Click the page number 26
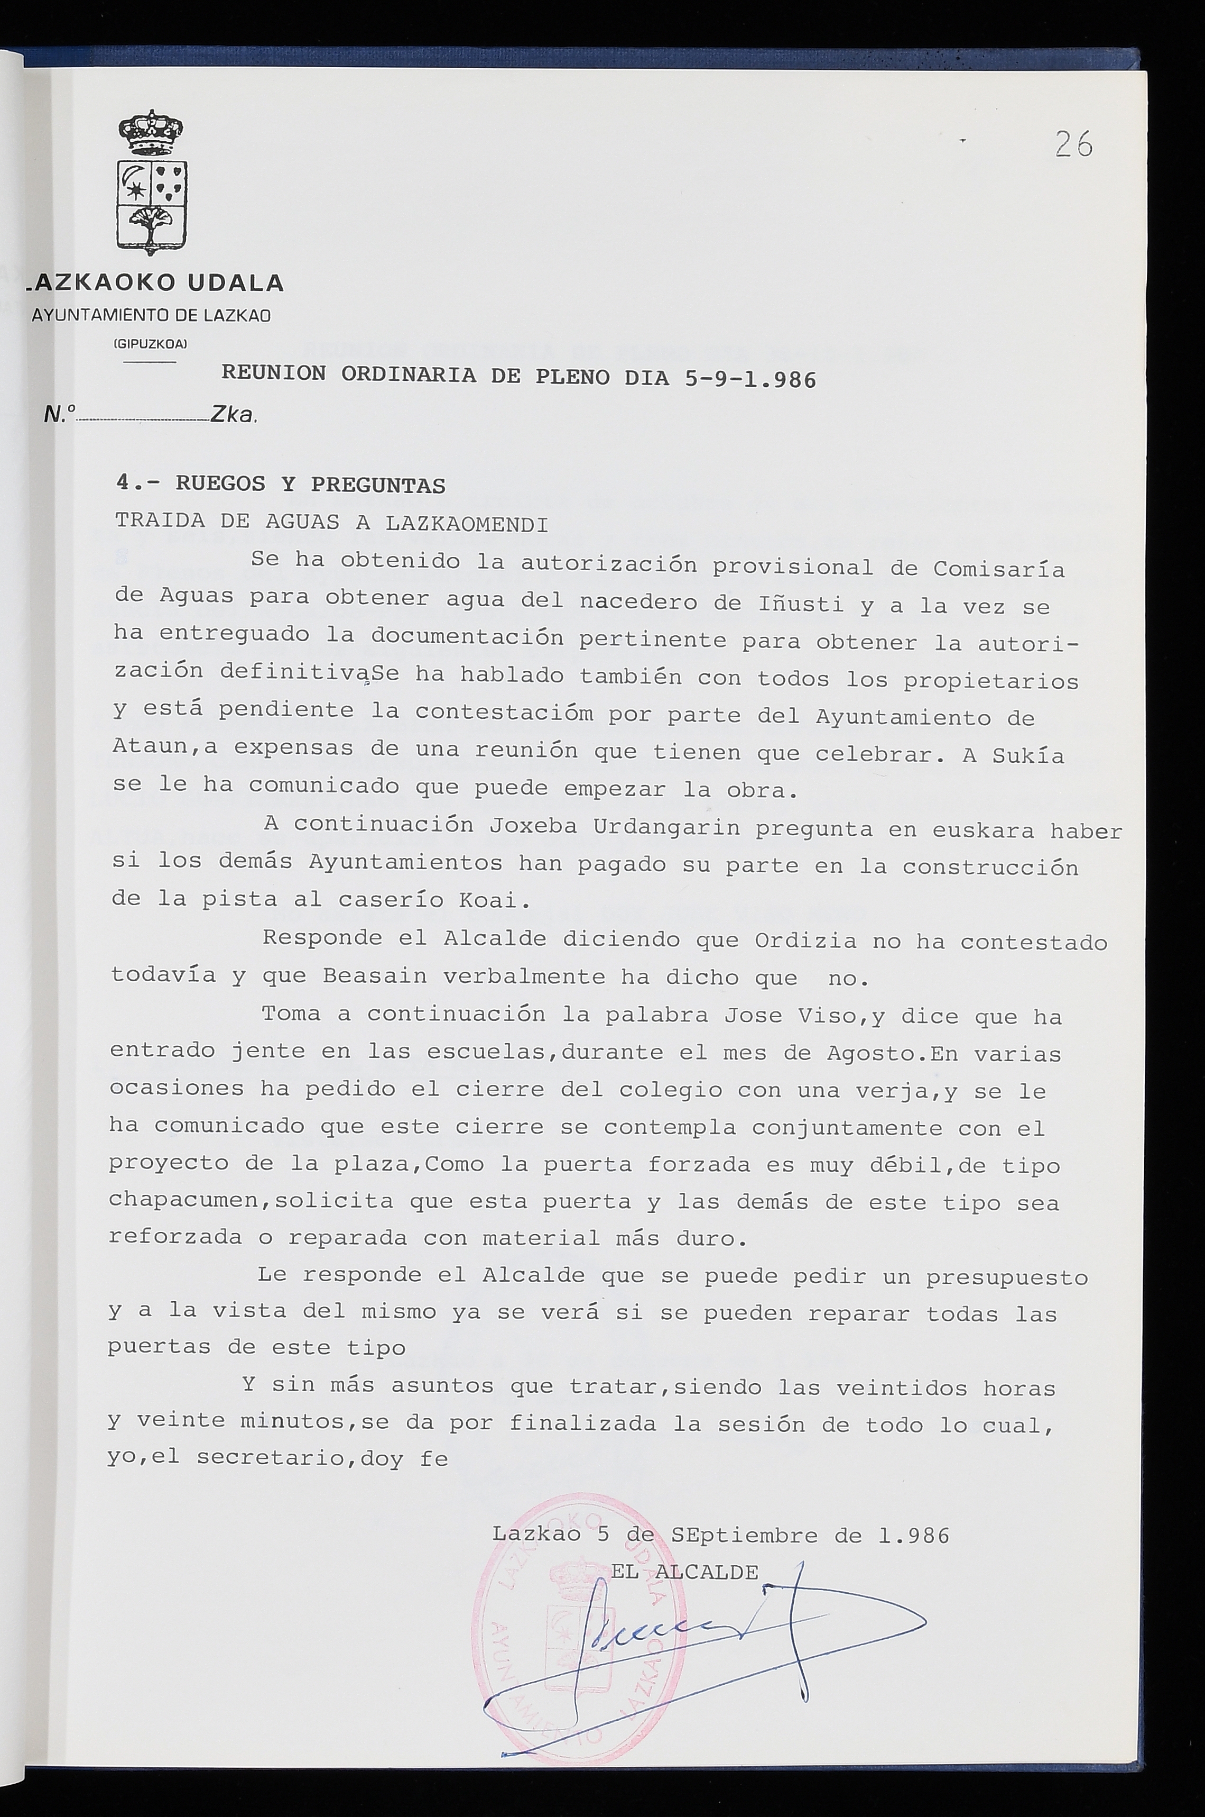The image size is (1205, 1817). click(1073, 144)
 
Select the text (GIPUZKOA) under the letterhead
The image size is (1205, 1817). click(150, 344)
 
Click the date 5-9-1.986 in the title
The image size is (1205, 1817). click(749, 379)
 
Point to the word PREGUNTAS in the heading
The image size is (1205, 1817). click(377, 485)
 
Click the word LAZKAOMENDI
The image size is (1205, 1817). click(467, 524)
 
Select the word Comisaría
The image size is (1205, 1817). click(998, 569)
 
